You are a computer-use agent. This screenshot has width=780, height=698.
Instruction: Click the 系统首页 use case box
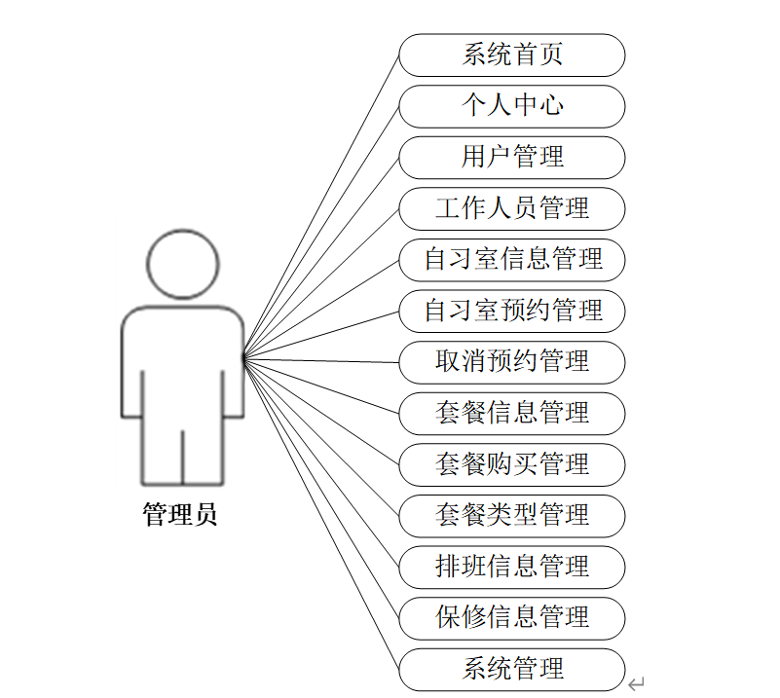pos(512,55)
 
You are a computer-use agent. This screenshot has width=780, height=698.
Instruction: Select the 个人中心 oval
pos(512,106)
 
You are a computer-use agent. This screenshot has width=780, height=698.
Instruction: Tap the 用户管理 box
pos(512,157)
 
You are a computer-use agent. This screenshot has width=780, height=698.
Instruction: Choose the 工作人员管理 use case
pos(512,208)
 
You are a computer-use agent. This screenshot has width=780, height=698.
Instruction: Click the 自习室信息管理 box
pos(512,259)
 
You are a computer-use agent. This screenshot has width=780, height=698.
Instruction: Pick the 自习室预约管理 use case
pos(512,311)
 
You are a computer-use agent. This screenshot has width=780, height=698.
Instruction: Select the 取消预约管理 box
pos(512,362)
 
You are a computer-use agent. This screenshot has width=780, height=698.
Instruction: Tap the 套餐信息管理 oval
pos(512,413)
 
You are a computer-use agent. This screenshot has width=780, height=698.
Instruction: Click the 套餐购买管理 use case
pos(512,464)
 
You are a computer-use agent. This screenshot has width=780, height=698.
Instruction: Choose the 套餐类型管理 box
pos(512,515)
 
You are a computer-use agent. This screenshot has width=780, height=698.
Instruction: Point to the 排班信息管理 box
pos(512,567)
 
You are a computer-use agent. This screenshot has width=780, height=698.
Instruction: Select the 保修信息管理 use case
pos(512,617)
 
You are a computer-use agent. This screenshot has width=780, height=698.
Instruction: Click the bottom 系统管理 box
pos(512,669)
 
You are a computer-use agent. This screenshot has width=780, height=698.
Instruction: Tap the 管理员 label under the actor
pos(181,515)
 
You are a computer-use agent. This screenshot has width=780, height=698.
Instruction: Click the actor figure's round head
pos(183,264)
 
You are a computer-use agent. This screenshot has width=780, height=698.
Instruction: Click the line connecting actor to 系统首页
pos(321,206)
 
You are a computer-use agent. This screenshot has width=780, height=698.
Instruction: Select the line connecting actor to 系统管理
pos(321,514)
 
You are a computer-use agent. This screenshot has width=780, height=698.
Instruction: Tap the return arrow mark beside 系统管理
pos(637,683)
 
